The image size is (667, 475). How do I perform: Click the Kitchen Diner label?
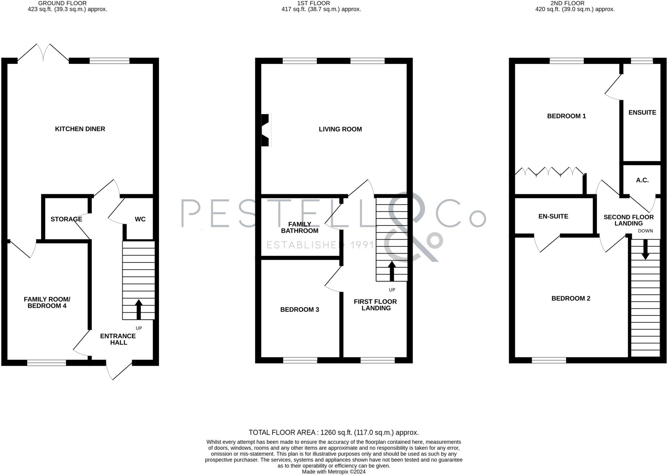tap(80, 129)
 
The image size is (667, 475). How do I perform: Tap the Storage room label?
tap(66, 219)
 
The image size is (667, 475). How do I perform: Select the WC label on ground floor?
tap(140, 219)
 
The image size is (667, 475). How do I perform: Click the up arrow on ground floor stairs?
tap(139, 309)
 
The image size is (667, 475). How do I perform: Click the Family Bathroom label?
tap(299, 228)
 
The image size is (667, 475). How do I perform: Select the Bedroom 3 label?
tap(299, 310)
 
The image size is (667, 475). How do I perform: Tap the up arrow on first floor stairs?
tap(392, 271)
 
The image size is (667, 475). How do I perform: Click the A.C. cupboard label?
tap(642, 180)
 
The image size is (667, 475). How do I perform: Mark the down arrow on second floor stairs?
tap(645, 250)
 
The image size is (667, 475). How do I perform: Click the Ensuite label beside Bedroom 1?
tap(642, 112)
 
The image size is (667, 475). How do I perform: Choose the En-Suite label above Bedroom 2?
tap(553, 216)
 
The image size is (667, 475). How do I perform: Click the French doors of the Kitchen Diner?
tap(43, 52)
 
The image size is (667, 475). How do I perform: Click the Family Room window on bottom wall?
tap(47, 363)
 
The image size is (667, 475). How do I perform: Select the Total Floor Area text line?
tap(333, 433)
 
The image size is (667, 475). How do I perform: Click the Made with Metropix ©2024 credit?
tap(333, 472)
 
